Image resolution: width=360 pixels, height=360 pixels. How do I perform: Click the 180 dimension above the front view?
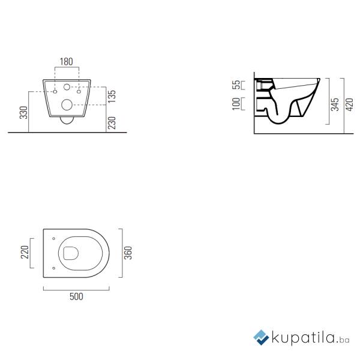[66, 61]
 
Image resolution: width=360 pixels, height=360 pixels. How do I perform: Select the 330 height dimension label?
[23, 112]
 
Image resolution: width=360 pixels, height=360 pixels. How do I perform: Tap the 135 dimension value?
[112, 95]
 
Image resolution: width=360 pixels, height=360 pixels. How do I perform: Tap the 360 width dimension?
[128, 252]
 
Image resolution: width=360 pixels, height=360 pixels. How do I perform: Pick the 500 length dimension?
[76, 296]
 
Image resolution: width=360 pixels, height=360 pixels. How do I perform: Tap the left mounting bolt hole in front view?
[55, 92]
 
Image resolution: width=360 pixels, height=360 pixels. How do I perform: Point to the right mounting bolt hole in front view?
[79, 92]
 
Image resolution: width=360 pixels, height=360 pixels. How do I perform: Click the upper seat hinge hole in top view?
[54, 236]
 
